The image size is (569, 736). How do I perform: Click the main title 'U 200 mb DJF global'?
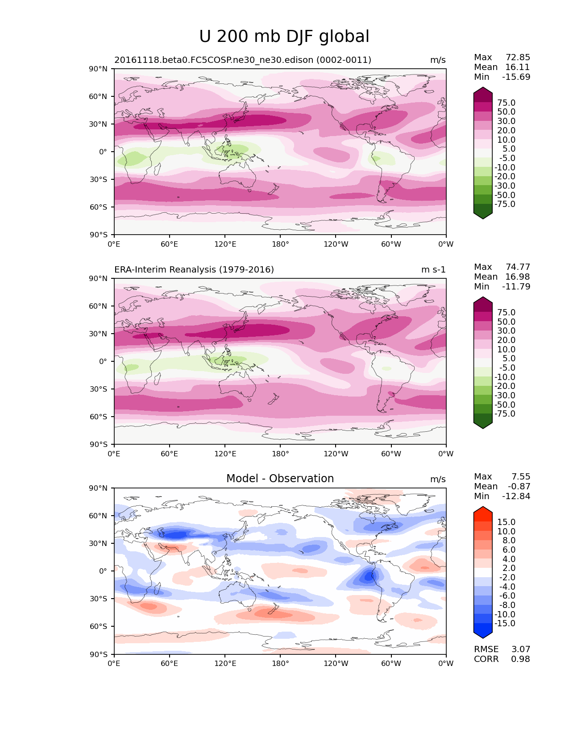[284, 37]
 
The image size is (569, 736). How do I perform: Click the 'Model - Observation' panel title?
[280, 479]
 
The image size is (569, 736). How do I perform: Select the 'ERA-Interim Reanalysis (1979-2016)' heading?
[194, 269]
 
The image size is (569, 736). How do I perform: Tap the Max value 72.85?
[518, 57]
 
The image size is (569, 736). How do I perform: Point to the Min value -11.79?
[516, 286]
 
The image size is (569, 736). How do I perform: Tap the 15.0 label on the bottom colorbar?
[506, 522]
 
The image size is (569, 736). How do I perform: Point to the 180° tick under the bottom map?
[280, 663]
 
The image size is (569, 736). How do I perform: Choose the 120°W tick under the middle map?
[336, 454]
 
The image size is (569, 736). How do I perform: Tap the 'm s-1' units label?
[433, 269]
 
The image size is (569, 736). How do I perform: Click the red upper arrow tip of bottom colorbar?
[483, 509]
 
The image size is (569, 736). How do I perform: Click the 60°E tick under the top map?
[170, 244]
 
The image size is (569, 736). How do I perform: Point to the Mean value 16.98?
[517, 277]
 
